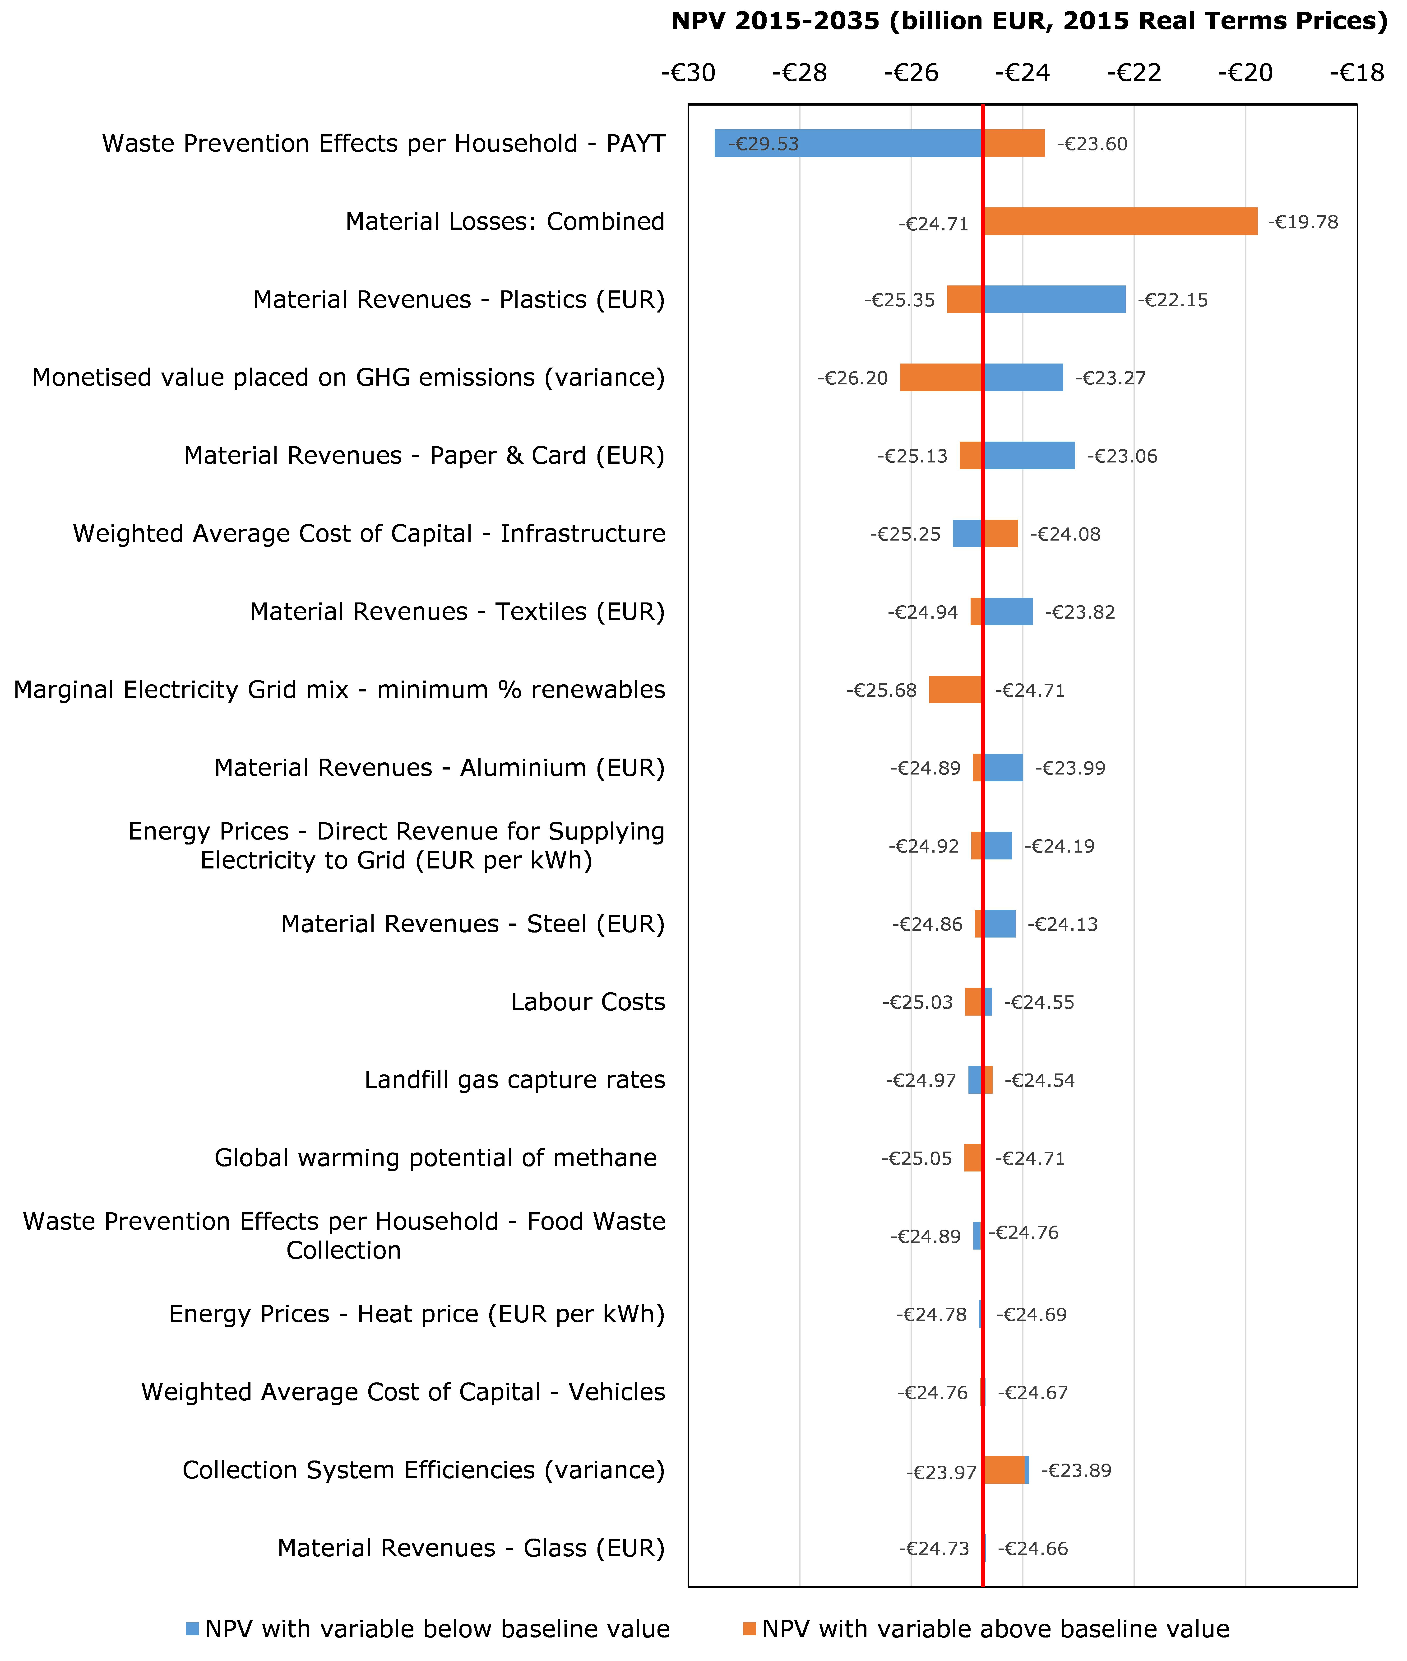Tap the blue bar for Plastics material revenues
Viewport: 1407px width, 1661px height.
(x=1055, y=300)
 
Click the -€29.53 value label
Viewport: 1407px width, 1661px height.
(x=763, y=145)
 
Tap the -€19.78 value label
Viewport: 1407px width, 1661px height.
(x=1303, y=222)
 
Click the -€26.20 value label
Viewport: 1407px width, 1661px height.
(x=853, y=378)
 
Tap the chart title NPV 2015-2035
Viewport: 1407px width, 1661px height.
(x=1029, y=21)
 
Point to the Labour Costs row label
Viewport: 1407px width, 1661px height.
(x=588, y=1002)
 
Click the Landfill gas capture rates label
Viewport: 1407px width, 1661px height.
(x=514, y=1080)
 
